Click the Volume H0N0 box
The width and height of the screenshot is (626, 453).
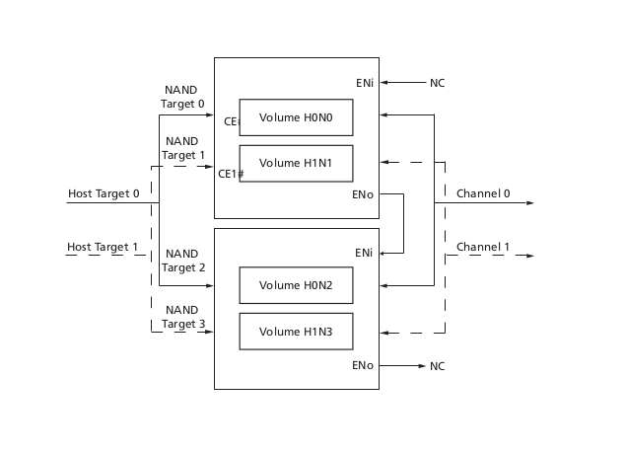(296, 117)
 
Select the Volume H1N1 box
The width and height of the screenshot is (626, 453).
(296, 163)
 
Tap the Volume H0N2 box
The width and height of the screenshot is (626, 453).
(296, 285)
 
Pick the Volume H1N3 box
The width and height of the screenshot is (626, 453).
(296, 331)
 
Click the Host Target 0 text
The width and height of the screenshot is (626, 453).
(104, 193)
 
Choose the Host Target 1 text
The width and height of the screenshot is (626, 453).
(104, 246)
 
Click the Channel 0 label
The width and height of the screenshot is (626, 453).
(483, 193)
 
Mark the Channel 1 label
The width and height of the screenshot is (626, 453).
(483, 246)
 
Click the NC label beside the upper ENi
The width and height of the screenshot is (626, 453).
(437, 83)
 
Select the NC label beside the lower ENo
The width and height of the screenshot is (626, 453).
(437, 366)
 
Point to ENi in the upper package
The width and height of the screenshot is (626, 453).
(364, 82)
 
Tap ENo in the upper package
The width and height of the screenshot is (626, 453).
(363, 193)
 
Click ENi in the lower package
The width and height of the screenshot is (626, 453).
(364, 253)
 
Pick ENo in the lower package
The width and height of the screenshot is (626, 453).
(363, 365)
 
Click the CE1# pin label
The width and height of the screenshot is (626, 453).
(231, 174)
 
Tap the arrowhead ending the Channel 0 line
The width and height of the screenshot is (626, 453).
(530, 202)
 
